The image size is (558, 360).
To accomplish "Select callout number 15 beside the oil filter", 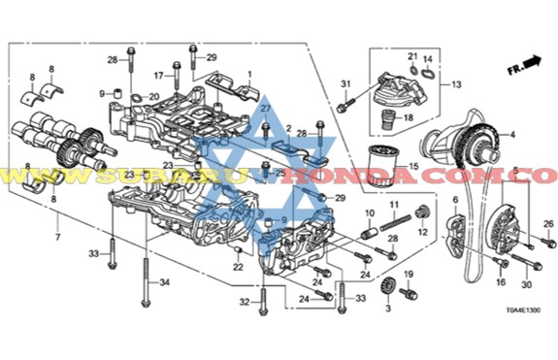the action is [413, 168].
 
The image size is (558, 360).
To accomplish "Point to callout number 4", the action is [513, 134].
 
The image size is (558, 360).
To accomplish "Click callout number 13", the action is [454, 85].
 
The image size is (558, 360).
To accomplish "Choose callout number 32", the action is [246, 303].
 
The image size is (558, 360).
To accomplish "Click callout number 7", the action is [57, 236].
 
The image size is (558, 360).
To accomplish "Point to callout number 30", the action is [527, 284].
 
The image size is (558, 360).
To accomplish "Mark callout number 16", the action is [501, 282].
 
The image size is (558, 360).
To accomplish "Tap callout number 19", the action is [408, 275].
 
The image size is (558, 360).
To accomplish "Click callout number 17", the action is [158, 74].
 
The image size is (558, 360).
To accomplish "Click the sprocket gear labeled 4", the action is [467, 146].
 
